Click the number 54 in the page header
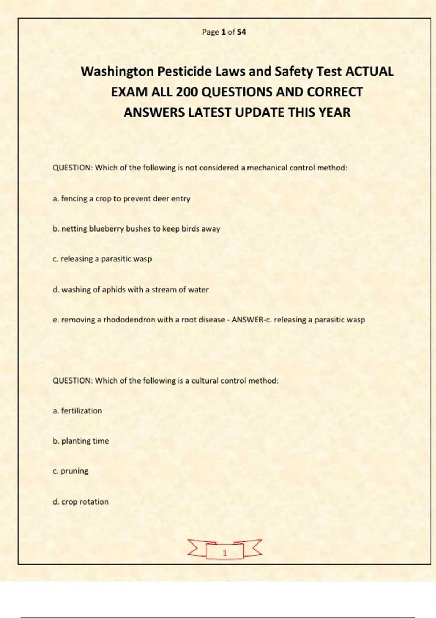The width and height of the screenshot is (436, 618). tap(242, 32)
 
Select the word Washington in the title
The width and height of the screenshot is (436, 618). tap(117, 71)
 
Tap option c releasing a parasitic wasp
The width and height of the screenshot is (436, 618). tap(102, 259)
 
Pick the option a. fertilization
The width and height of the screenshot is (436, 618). tap(77, 411)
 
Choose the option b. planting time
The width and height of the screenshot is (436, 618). tap(81, 441)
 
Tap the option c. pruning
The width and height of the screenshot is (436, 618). tap(70, 471)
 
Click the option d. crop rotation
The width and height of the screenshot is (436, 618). tap(81, 502)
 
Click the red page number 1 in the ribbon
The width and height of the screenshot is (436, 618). tap(225, 553)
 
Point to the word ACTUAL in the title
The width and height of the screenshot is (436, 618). tap(369, 71)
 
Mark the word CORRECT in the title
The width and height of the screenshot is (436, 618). tap(335, 92)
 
